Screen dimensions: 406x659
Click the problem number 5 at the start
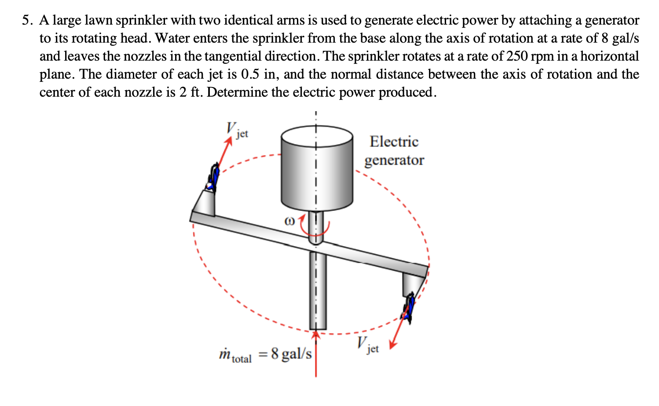[x=27, y=21]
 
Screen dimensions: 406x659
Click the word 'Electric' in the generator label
[x=394, y=141]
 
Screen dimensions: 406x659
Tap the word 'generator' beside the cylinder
[x=394, y=160]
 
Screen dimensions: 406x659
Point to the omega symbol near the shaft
[x=289, y=221]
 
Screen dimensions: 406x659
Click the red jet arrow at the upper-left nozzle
[x=224, y=152]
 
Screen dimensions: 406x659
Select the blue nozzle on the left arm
[x=214, y=178]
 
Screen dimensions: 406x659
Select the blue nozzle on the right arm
[x=409, y=308]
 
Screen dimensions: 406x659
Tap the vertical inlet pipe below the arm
[x=318, y=290]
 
